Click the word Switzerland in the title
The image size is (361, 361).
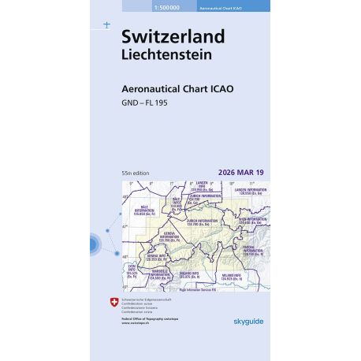[x=173, y=37]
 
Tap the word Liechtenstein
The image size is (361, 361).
[x=166, y=54]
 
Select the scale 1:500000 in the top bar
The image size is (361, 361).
[x=136, y=6]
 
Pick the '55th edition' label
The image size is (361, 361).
[x=136, y=172]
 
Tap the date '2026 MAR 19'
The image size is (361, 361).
[x=240, y=172]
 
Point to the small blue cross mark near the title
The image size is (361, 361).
[x=106, y=25]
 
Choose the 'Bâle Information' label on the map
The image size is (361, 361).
[x=144, y=211]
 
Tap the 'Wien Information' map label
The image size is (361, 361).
[x=251, y=221]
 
